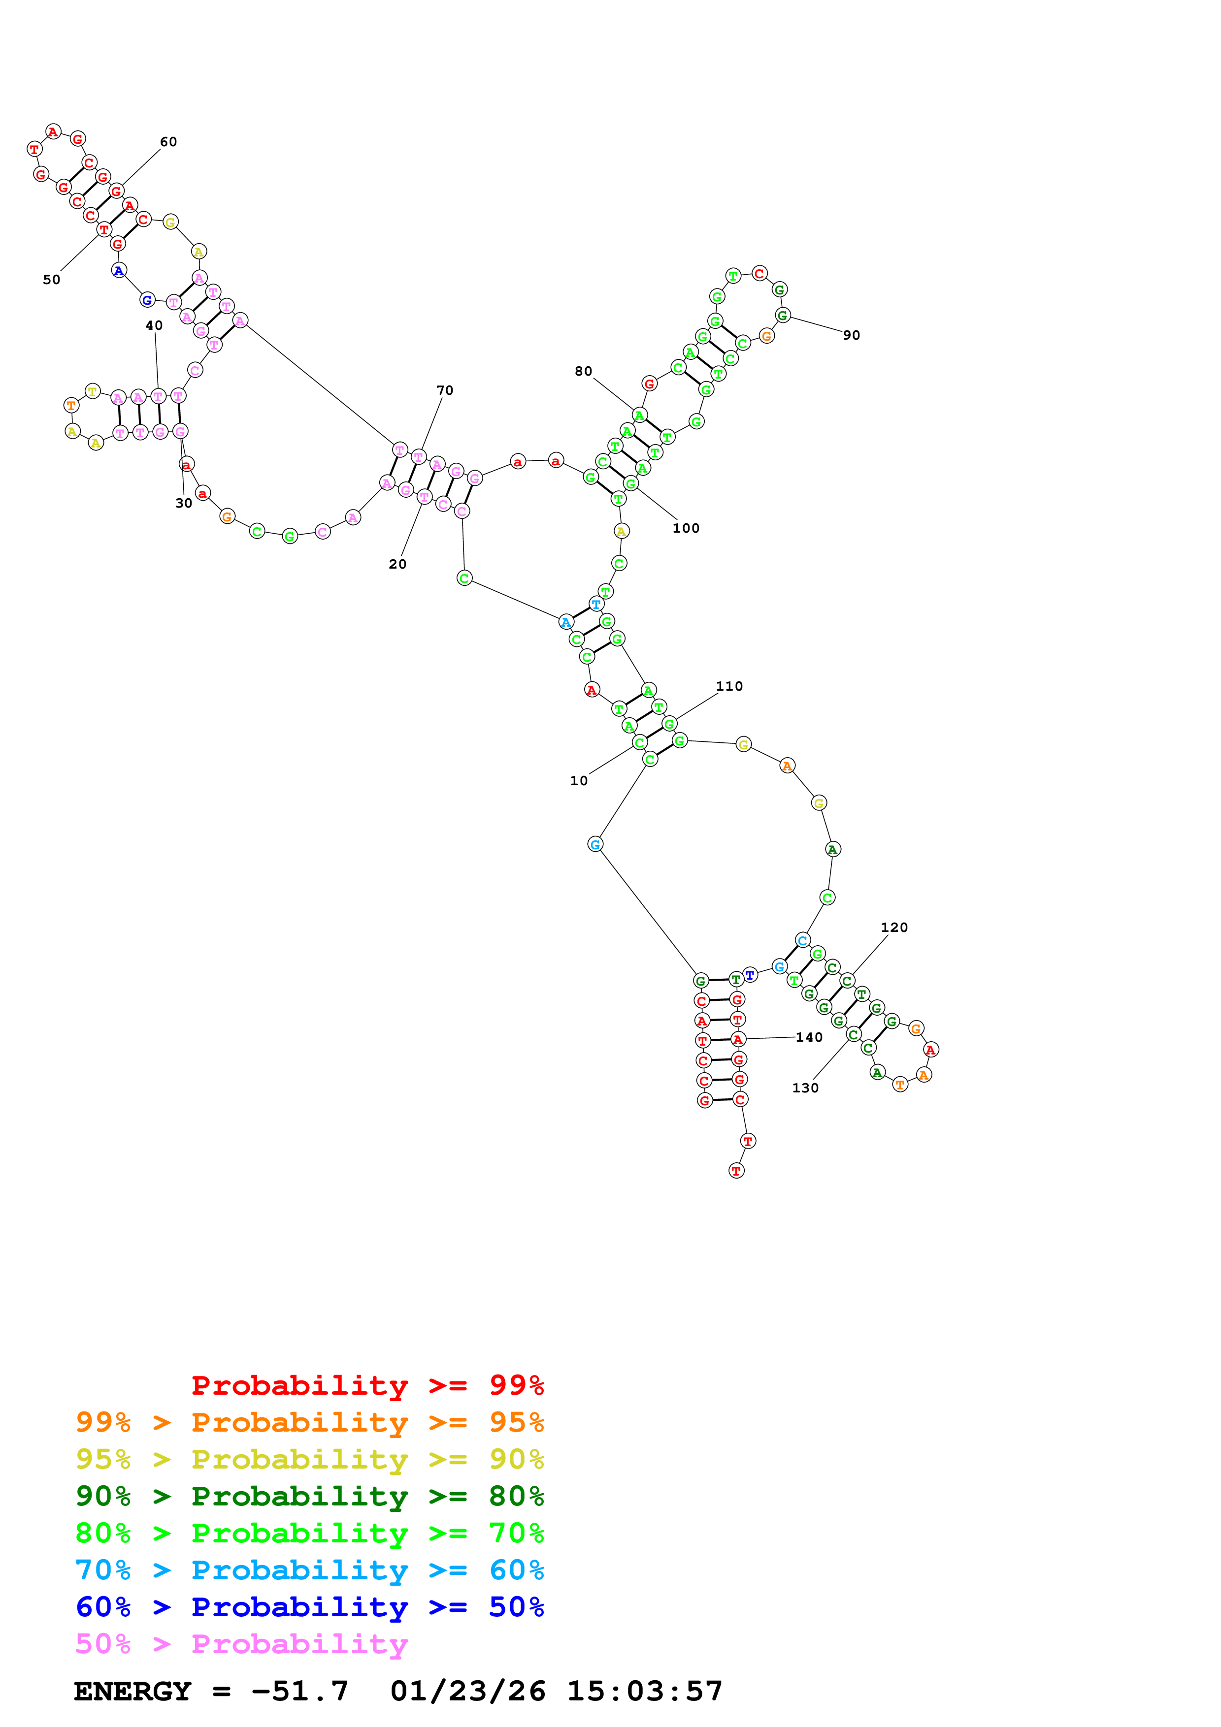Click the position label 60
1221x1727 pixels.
click(x=168, y=142)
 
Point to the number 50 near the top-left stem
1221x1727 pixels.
click(x=51, y=280)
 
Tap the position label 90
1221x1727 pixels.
click(x=851, y=335)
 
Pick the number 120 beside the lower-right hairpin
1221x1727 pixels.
click(x=894, y=927)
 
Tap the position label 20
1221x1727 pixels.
click(x=397, y=564)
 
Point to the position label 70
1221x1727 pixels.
click(x=445, y=390)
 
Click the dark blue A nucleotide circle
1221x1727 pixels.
click(x=119, y=270)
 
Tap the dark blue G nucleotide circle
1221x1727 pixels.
click(x=147, y=300)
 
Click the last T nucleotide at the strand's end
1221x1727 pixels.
click(x=736, y=1170)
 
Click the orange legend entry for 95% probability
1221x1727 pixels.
click(x=309, y=1422)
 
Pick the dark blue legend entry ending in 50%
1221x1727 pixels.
click(x=309, y=1607)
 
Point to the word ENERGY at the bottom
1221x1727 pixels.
click(x=132, y=1691)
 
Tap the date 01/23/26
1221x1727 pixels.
click(x=467, y=1691)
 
